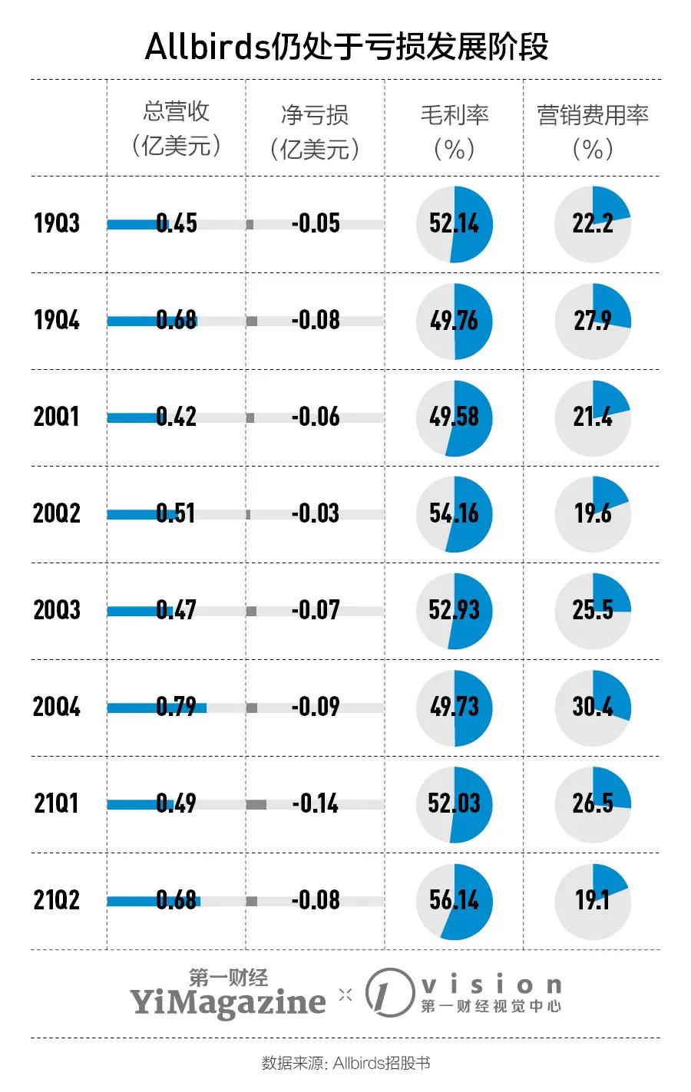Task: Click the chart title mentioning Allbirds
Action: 346,47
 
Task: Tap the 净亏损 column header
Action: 315,131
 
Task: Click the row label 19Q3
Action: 57,224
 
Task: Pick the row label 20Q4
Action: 57,707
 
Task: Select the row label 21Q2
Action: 57,900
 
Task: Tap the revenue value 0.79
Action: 177,707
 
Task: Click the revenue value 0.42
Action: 177,417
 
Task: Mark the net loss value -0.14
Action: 316,803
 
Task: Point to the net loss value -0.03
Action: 316,513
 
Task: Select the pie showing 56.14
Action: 455,901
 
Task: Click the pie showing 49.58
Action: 455,418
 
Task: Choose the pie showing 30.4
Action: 593,708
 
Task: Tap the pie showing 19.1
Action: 593,901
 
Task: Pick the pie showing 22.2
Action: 593,224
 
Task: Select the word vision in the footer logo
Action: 491,985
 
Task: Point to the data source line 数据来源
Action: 345,1063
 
